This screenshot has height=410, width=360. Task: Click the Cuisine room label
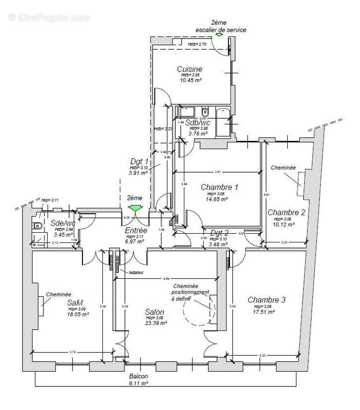[189, 69]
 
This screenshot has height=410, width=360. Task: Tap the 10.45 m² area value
[189, 80]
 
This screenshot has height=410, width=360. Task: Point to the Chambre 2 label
[286, 212]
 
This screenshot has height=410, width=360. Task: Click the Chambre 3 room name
[266, 300]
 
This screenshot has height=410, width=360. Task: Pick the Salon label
[154, 312]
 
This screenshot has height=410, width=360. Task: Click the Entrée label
[136, 231]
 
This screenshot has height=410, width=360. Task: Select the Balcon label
[139, 375]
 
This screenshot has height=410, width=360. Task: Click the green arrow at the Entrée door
[135, 208]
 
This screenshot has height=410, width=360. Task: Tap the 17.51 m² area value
[265, 311]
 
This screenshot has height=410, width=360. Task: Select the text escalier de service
[221, 30]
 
